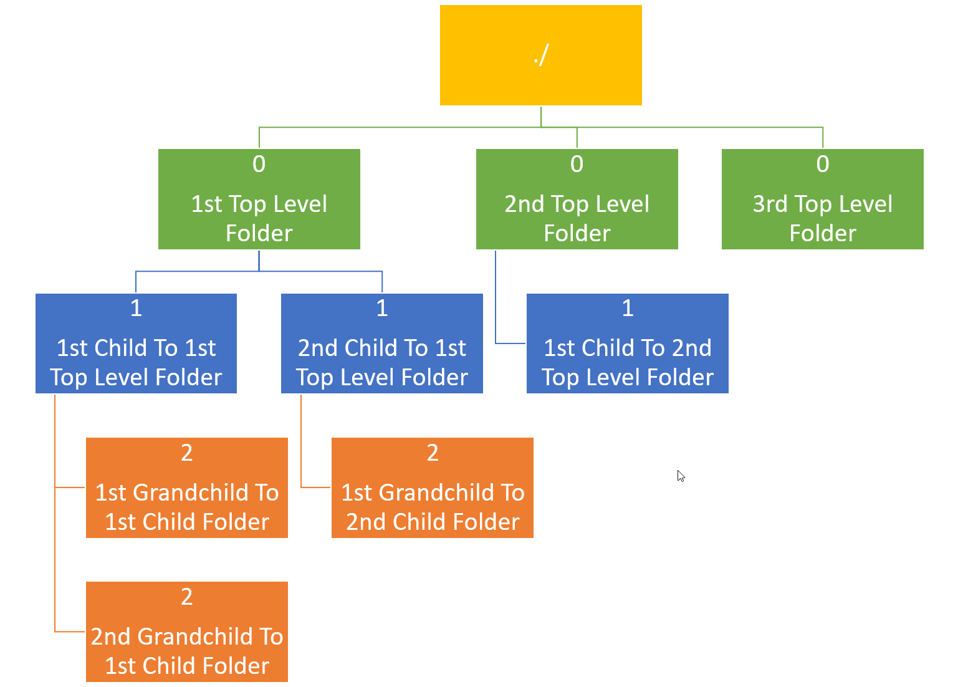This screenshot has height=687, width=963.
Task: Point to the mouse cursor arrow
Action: point(681,476)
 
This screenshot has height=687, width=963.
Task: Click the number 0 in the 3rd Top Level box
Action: point(823,164)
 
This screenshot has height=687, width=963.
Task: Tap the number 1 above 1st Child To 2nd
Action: point(628,308)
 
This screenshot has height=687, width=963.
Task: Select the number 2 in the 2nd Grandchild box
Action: point(186,597)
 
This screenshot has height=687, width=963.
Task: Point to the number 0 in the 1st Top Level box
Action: point(259,164)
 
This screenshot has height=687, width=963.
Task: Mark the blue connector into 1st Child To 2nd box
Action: point(510,343)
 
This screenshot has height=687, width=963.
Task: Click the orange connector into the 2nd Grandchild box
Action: point(69,632)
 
